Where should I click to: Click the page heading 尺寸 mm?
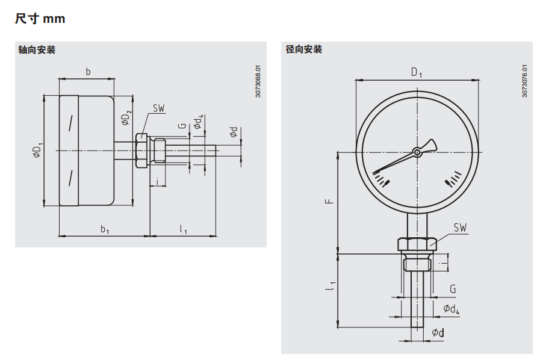40,19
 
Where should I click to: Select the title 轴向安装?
37,50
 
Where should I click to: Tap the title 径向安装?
304,49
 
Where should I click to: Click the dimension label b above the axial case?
88,72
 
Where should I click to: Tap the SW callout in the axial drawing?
158,108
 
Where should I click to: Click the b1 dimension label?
105,229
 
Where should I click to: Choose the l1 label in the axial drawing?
183,229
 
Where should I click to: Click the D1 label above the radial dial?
417,72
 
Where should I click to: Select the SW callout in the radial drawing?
460,228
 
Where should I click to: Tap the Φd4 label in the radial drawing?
451,309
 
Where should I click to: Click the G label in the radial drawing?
453,290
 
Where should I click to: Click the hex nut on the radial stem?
417,244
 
